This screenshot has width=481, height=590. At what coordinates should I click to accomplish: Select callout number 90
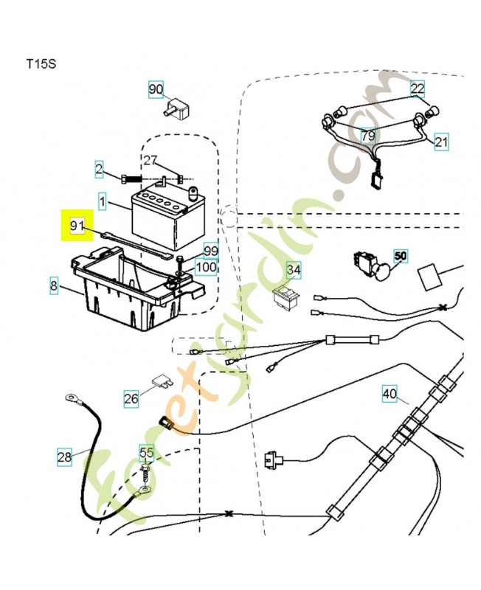click(x=155, y=90)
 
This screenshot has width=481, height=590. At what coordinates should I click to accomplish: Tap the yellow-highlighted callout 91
click(x=77, y=225)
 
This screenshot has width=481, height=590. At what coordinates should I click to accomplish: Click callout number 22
click(x=418, y=89)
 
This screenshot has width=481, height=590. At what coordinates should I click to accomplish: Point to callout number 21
click(x=441, y=142)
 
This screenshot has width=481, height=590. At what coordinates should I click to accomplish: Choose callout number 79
click(x=367, y=136)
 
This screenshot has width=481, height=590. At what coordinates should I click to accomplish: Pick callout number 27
click(x=150, y=161)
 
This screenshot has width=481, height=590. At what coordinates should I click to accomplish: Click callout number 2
click(x=99, y=170)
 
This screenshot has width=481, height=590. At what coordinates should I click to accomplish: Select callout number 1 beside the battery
click(x=103, y=201)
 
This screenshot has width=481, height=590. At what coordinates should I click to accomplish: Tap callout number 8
click(x=54, y=284)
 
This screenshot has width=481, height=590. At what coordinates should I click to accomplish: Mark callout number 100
click(x=207, y=267)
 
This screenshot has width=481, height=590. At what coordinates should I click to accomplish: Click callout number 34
click(x=294, y=271)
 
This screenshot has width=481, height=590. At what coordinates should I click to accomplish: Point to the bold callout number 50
click(x=401, y=257)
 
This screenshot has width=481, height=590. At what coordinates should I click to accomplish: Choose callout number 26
click(x=131, y=399)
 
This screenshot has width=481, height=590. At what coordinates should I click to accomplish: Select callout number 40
click(x=390, y=394)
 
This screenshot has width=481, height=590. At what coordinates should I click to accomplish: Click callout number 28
click(x=65, y=457)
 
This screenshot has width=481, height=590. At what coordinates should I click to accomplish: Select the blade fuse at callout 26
click(x=163, y=381)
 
